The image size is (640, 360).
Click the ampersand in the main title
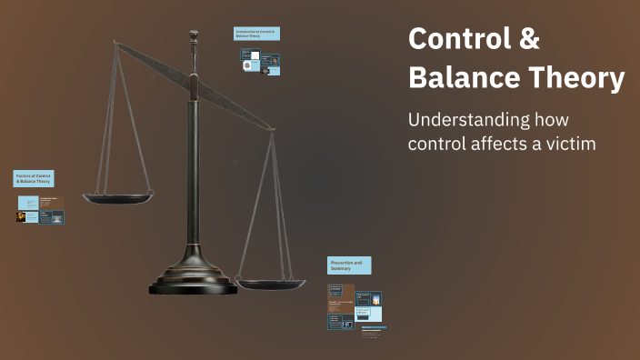529,40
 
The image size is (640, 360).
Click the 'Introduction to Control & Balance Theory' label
256,34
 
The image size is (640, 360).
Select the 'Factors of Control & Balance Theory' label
34,178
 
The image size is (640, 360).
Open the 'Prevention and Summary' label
349,265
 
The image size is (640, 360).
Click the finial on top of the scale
194,37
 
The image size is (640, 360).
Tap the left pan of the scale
118,196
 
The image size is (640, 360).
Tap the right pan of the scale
271,283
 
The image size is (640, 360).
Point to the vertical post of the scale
194,164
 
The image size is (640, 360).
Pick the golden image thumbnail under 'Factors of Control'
21,217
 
